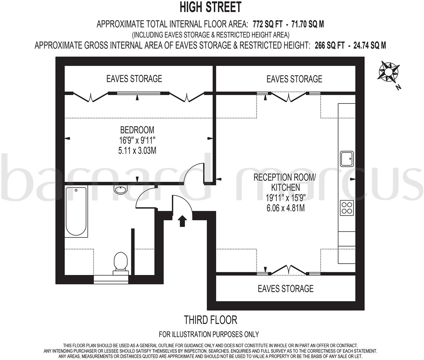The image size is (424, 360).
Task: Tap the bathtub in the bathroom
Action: pyautogui.click(x=76, y=211)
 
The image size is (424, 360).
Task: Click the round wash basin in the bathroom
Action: pyautogui.click(x=121, y=189)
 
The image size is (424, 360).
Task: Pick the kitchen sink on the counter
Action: pyautogui.click(x=347, y=159)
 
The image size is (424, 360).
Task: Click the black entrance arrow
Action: pyautogui.click(x=182, y=221)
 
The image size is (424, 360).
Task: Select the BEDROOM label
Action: pyautogui.click(x=137, y=130)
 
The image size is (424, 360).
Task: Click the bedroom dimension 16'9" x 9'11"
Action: pyautogui.click(x=137, y=140)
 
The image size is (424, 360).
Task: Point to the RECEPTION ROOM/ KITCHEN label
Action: pyautogui.click(x=285, y=182)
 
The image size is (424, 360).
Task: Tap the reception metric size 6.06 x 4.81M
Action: pyautogui.click(x=286, y=208)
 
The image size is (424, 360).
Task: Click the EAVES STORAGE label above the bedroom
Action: pyautogui.click(x=134, y=78)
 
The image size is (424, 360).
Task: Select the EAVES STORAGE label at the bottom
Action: pyautogui.click(x=286, y=288)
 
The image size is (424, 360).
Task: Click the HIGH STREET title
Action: pyautogui.click(x=210, y=7)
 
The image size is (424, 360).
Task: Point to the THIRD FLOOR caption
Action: pyautogui.click(x=210, y=320)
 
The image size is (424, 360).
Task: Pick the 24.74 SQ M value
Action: pyautogui.click(x=370, y=46)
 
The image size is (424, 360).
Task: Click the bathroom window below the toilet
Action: pyautogui.click(x=111, y=279)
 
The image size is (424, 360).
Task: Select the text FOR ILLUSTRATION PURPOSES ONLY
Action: pyautogui.click(x=209, y=334)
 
